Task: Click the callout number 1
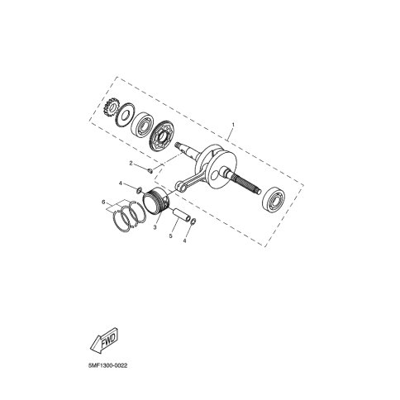pyautogui.click(x=233, y=125)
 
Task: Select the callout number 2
pyautogui.click(x=131, y=164)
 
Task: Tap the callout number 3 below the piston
pyautogui.click(x=155, y=227)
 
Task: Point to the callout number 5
pyautogui.click(x=171, y=236)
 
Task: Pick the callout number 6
pyautogui.click(x=103, y=202)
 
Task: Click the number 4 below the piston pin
pyautogui.click(x=184, y=240)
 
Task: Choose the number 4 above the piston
pyautogui.click(x=121, y=183)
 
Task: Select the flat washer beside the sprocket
pyautogui.click(x=123, y=115)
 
